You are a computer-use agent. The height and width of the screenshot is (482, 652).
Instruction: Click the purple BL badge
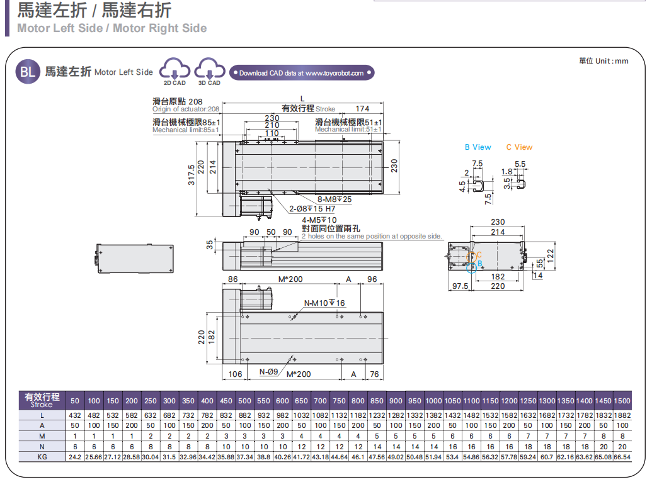(x=28, y=72)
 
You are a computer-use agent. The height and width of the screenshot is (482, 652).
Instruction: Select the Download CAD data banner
(x=302, y=73)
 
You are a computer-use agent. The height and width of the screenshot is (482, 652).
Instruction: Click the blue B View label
(x=478, y=147)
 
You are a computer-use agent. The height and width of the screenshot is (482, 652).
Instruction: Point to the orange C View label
(x=519, y=147)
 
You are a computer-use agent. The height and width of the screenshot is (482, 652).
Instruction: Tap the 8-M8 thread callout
(x=335, y=199)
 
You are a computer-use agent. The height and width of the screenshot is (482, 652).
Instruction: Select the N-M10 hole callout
(x=325, y=303)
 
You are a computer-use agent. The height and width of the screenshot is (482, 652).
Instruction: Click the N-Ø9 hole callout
(x=269, y=372)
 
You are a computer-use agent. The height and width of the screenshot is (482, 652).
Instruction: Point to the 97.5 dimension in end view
(x=461, y=286)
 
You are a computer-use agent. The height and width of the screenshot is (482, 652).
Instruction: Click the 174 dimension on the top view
(x=362, y=109)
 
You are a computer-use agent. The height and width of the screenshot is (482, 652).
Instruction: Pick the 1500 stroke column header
(x=622, y=401)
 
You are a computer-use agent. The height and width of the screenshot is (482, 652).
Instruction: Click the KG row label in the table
(x=42, y=456)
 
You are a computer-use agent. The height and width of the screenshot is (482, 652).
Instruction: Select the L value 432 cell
(x=75, y=416)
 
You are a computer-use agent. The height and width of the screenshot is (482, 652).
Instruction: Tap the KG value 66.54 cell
(x=622, y=456)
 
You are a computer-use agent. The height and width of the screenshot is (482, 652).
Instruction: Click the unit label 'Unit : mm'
(x=603, y=61)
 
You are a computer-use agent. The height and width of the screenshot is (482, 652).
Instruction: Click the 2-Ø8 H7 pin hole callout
(x=312, y=209)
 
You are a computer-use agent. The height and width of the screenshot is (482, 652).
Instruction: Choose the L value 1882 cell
(x=622, y=416)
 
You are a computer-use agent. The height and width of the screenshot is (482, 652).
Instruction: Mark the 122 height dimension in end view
(x=549, y=254)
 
